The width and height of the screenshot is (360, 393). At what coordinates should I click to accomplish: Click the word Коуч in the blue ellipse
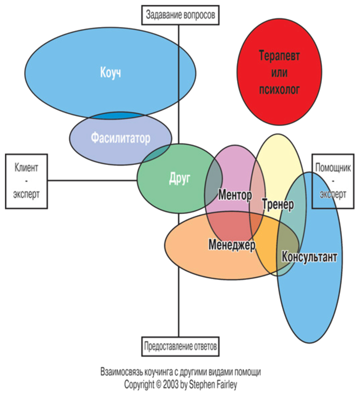coord(110,73)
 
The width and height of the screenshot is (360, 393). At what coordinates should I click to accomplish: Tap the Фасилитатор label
coord(121,138)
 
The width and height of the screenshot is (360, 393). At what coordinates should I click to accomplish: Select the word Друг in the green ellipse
coord(180,178)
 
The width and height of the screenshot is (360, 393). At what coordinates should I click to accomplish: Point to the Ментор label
coord(234,195)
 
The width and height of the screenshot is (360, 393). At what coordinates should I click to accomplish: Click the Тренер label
coord(278,204)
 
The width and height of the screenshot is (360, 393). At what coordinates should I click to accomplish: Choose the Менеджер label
coord(232,245)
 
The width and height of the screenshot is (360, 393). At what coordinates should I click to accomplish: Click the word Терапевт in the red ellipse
coord(279,56)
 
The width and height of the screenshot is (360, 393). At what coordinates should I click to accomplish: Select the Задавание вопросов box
coord(180,15)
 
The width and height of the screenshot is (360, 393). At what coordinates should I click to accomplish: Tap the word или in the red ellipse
coord(279,72)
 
